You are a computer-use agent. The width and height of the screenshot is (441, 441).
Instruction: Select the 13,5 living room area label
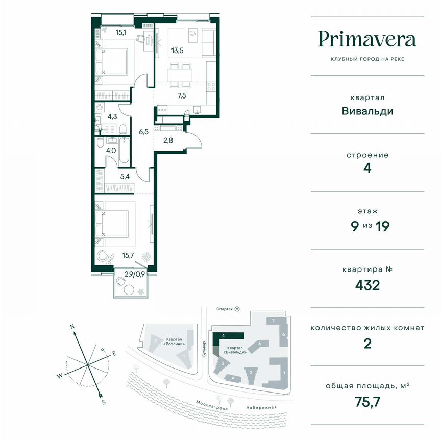coord(177,50)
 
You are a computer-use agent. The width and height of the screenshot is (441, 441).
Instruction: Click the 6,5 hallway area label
coord(143,131)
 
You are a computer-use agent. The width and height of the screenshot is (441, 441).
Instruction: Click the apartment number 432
coord(367,285)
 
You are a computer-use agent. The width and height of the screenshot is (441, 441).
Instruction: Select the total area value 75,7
coord(367,402)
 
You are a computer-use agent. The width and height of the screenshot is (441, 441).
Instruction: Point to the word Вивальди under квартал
coord(367,111)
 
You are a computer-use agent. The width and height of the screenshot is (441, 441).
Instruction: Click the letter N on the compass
coord(73,325)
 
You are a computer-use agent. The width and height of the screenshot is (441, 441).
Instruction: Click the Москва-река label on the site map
coord(210,405)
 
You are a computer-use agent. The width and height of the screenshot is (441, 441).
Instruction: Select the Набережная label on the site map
coord(260,407)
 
